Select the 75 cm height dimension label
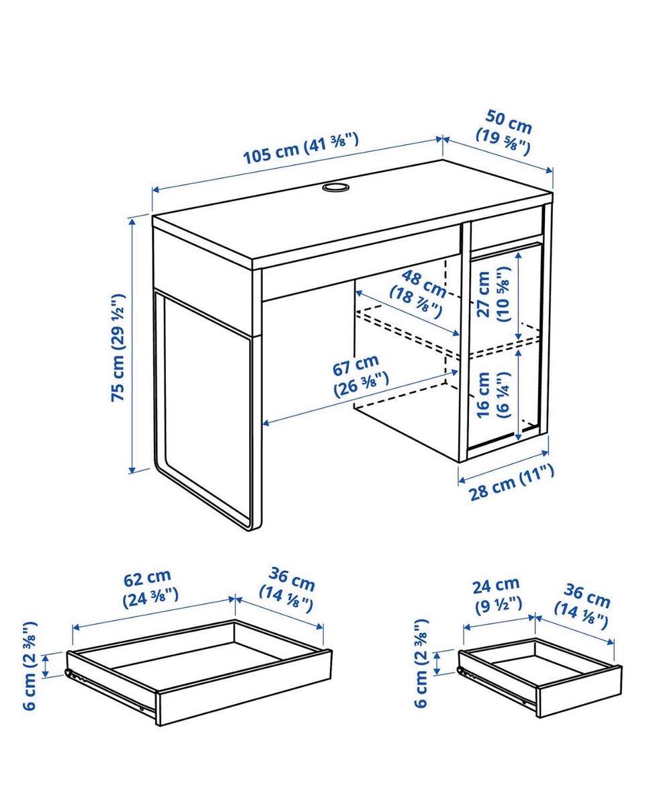(118, 348)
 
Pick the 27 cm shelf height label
(493, 294)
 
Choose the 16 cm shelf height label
(492, 394)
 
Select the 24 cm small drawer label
(498, 596)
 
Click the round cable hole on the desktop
(335, 187)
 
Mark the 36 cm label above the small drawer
(583, 605)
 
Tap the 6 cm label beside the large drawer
(30, 666)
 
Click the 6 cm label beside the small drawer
(422, 662)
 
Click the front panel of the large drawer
(245, 688)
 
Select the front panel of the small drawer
(579, 691)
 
